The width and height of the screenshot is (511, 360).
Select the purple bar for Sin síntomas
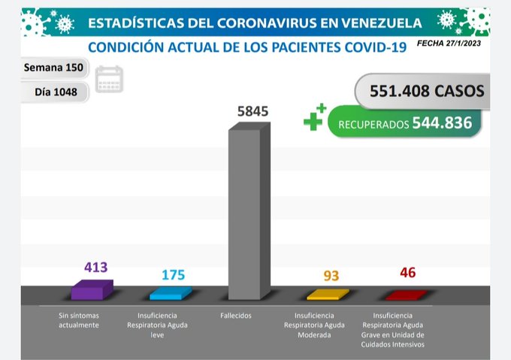pos(92,290)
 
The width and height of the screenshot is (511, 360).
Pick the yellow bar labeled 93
pos(328,295)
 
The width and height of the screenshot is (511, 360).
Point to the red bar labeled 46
pos(406,295)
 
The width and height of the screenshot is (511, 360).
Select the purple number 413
pos(96,267)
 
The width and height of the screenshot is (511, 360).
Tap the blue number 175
pos(173,275)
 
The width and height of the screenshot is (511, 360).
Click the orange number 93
pos(331,276)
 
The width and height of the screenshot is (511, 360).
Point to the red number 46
pos(407,272)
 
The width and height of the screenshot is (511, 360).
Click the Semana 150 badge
pos(53,68)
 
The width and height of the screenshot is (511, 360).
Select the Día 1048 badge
pos(53,92)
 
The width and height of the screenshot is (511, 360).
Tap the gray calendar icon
pos(110,79)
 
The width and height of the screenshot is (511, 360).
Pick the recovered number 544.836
pos(443,123)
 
